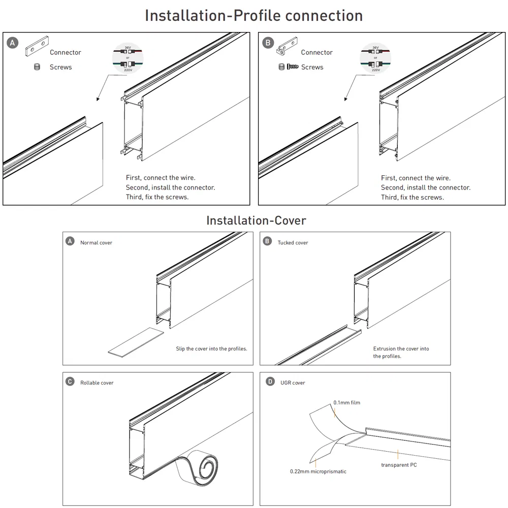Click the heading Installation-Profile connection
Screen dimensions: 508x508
tap(254, 15)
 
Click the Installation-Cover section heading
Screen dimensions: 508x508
tap(256, 220)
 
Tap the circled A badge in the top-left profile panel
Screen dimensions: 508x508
tap(12, 43)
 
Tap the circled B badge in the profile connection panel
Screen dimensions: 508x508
tap(268, 43)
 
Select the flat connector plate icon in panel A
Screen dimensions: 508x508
tap(36, 48)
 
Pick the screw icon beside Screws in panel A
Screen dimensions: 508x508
tap(37, 67)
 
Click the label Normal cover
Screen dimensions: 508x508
tap(96, 243)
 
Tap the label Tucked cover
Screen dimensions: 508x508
tap(293, 243)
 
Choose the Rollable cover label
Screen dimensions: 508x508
tap(97, 383)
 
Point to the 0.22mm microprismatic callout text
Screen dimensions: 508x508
tap(318, 471)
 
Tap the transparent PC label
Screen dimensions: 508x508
tap(399, 465)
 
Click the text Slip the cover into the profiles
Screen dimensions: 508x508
tap(211, 349)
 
